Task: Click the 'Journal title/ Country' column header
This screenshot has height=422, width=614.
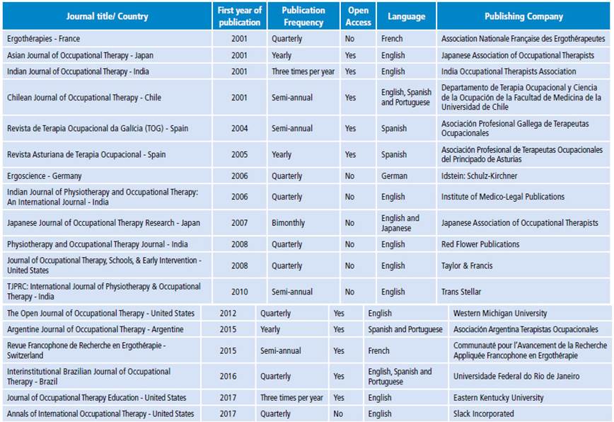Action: [107, 16]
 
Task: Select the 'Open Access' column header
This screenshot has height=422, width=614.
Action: [358, 16]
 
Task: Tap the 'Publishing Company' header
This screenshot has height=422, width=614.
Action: [523, 16]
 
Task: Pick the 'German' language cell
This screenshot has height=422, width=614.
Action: [394, 176]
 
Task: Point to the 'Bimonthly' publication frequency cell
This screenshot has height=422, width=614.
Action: [288, 222]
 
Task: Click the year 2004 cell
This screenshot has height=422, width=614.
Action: [239, 128]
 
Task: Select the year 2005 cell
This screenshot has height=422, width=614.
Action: [239, 154]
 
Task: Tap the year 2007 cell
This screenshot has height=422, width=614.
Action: [239, 222]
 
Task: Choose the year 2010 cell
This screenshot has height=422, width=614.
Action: [239, 291]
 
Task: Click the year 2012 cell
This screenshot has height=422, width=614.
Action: [228, 313]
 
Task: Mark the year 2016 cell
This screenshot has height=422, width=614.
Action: [228, 376]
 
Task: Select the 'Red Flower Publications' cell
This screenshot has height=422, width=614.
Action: [480, 244]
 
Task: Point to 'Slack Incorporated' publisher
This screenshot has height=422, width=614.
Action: [484, 414]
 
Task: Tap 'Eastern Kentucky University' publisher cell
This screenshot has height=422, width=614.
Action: [499, 397]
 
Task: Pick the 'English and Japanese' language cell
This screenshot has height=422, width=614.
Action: [400, 223]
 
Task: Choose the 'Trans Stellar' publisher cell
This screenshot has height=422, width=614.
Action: [461, 291]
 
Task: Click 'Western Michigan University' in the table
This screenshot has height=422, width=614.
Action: [500, 313]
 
